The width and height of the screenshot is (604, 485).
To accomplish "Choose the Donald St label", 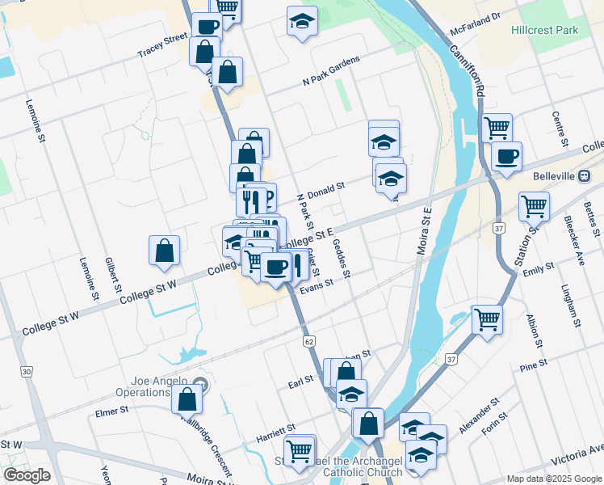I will click(325, 189).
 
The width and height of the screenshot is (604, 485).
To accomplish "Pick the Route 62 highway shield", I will click(309, 342).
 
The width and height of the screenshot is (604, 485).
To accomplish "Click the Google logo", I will click(27, 475).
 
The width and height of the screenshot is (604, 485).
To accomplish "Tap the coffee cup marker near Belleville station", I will click(506, 156).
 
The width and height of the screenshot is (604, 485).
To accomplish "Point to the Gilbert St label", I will click(114, 276).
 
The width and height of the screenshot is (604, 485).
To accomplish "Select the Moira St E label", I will click(426, 231).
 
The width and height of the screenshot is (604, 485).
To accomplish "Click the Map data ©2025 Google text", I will click(554, 479).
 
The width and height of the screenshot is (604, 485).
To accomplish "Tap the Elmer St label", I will click(112, 411).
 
